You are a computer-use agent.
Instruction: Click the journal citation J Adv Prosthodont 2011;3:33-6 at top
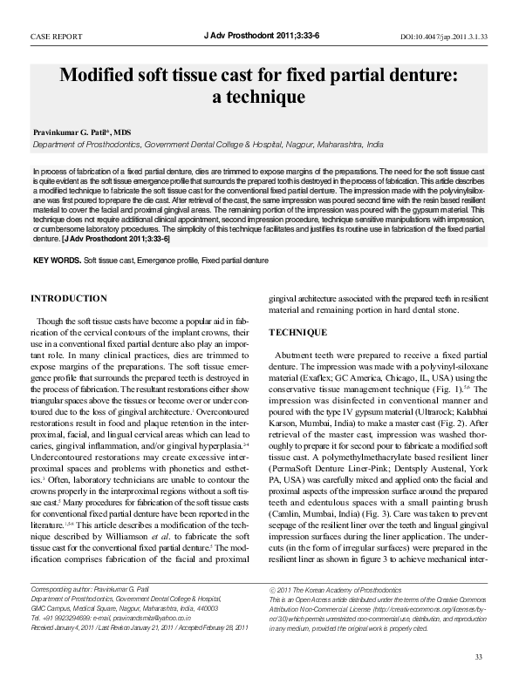click(258, 37)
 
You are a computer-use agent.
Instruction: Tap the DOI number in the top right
click(443, 38)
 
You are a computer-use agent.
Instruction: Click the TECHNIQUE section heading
click(297, 333)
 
